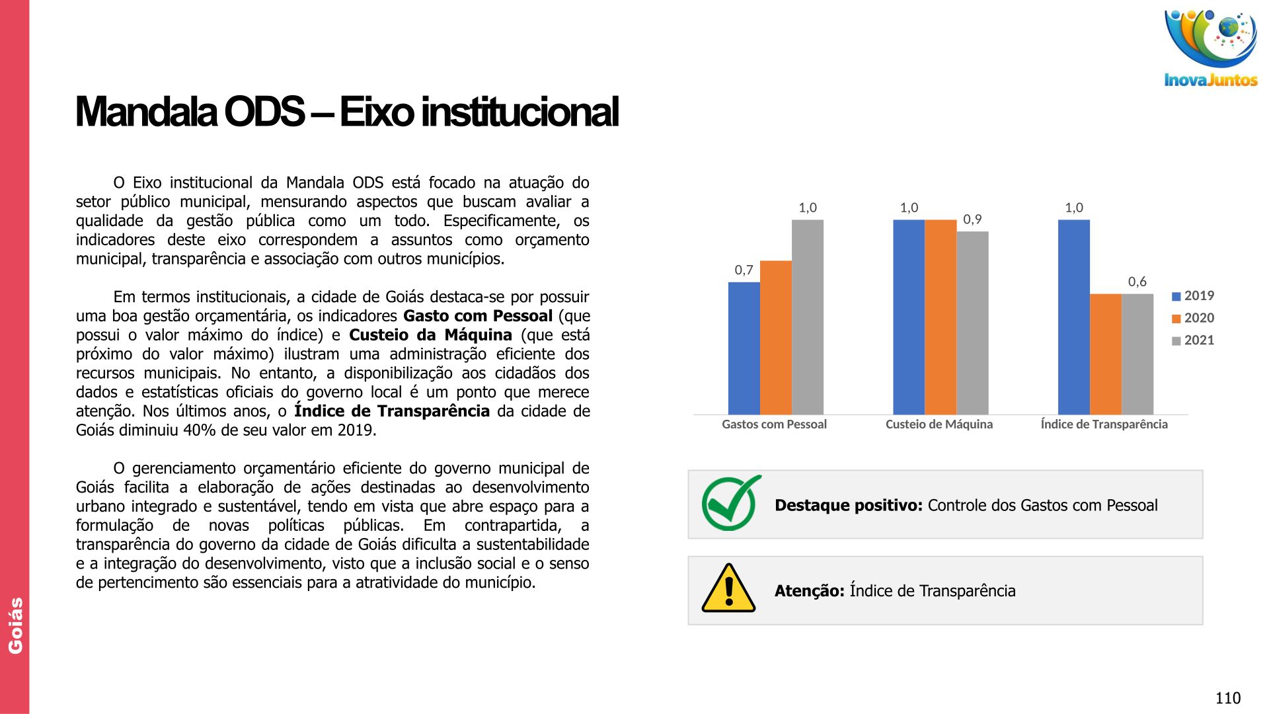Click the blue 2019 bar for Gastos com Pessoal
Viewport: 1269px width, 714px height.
point(744,348)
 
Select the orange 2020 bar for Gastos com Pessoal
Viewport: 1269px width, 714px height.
point(776,338)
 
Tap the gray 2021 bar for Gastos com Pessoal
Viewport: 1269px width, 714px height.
point(808,317)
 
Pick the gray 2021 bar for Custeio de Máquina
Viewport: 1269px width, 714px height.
point(972,323)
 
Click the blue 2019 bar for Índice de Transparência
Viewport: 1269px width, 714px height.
point(1074,317)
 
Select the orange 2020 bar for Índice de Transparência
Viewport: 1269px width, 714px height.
point(1106,354)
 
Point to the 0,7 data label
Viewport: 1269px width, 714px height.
point(744,270)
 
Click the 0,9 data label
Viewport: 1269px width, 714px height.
point(972,219)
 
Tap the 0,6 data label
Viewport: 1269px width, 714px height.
point(1137,282)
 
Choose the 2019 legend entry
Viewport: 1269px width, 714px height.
point(1193,296)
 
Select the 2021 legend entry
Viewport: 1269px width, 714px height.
point(1193,340)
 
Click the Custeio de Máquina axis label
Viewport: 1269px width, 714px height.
point(939,424)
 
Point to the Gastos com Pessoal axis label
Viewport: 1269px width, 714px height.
point(774,424)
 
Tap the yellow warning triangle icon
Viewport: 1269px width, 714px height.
point(728,588)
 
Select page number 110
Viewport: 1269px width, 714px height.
point(1228,698)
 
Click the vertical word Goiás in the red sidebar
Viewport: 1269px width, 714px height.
point(15,625)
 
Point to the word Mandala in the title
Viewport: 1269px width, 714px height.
point(146,112)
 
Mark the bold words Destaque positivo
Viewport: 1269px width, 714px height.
point(849,506)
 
